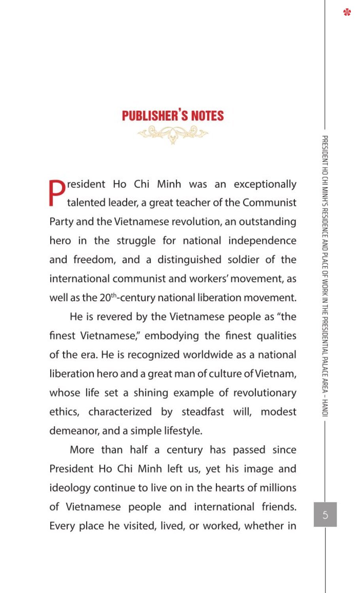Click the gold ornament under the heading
(x=173, y=134)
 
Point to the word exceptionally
(x=265, y=184)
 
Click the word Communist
(x=269, y=203)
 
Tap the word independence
(x=262, y=241)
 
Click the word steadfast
(x=203, y=412)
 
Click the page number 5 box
(x=325, y=514)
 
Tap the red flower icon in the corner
(x=347, y=12)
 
